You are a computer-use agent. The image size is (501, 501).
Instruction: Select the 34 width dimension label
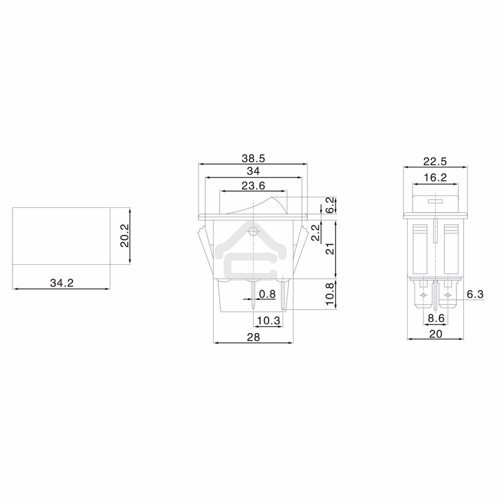click(x=253, y=171)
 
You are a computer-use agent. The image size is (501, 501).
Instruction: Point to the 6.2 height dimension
click(x=330, y=205)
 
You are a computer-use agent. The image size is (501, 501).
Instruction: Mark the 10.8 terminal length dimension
click(x=330, y=294)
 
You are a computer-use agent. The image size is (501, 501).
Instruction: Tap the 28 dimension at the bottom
click(x=253, y=337)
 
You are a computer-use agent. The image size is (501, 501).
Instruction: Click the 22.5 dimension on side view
click(x=435, y=161)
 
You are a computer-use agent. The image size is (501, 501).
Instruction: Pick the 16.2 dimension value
click(x=435, y=178)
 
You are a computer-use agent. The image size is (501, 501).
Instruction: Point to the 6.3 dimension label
click(x=475, y=294)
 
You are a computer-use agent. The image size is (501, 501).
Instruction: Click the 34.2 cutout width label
click(x=61, y=283)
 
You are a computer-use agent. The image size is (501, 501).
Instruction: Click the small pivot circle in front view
click(x=253, y=232)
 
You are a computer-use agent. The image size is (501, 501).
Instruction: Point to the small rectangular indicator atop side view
click(x=435, y=202)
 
